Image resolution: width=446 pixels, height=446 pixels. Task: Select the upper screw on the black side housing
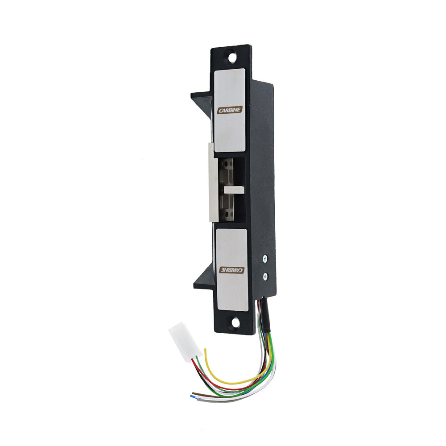click(265, 258)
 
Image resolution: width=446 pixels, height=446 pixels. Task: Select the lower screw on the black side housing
click(265, 277)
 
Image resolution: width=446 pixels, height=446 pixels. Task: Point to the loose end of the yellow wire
click(205, 350)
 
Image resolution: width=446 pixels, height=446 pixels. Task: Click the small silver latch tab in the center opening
click(234, 189)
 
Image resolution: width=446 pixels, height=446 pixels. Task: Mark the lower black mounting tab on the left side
click(203, 281)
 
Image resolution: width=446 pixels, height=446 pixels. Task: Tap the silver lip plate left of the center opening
click(212, 183)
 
